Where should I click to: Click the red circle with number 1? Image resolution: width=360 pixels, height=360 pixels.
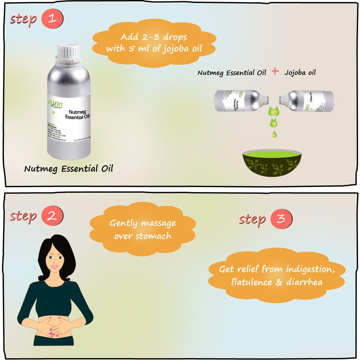52,19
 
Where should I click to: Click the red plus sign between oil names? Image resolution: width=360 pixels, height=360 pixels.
275,71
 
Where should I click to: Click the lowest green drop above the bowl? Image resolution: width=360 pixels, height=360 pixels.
275,135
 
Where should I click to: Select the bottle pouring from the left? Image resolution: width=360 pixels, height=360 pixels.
240,101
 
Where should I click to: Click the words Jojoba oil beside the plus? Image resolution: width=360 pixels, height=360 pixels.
300,72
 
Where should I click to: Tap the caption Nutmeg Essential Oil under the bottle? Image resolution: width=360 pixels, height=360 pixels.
68,168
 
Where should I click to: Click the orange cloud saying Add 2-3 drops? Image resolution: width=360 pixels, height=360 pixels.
154,42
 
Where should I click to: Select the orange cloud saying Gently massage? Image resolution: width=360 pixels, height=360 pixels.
143,229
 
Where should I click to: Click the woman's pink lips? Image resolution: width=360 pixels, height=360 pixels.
54,267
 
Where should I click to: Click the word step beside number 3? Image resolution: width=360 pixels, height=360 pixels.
252,219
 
